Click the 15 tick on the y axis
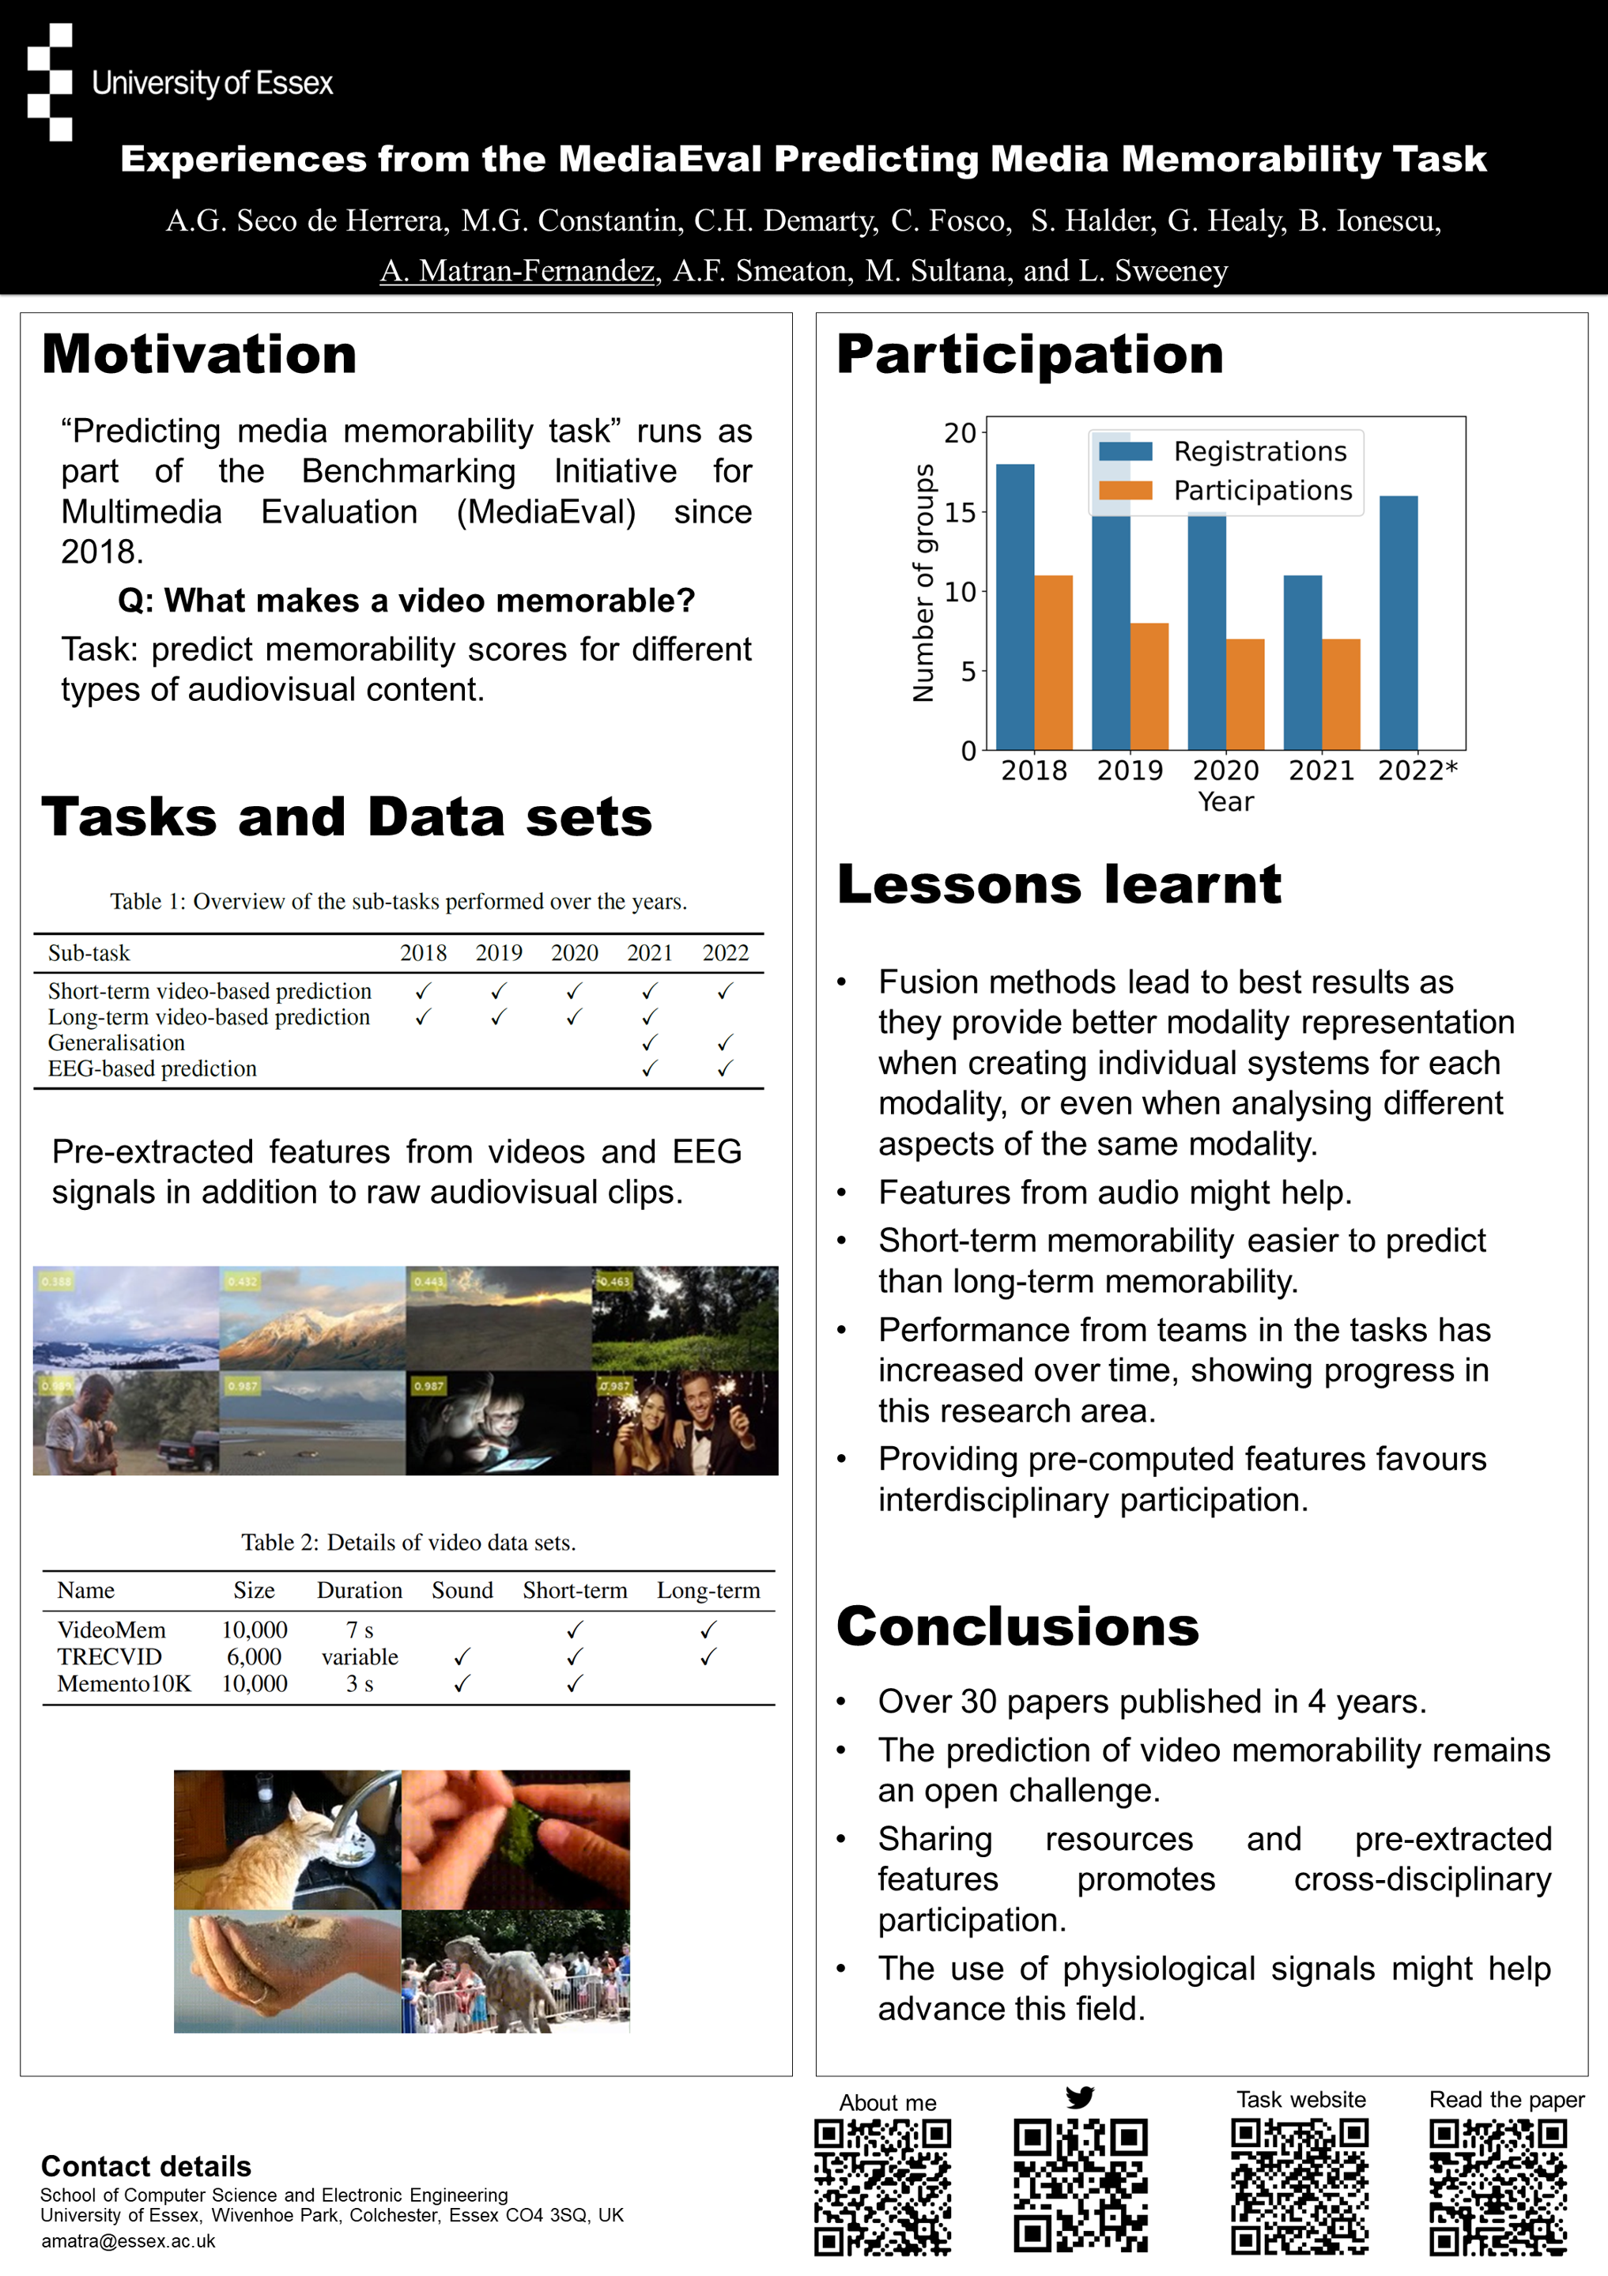[x=959, y=513]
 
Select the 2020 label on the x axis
[x=1225, y=771]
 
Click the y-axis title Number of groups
[x=923, y=583]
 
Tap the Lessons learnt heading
[x=1059, y=884]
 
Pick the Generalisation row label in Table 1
[x=116, y=1043]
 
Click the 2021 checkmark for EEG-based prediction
[x=649, y=1068]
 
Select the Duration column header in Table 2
[x=359, y=1590]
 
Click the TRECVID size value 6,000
[x=254, y=1656]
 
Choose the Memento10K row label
[x=124, y=1683]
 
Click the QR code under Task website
[x=1299, y=2187]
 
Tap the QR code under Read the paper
[x=1497, y=2187]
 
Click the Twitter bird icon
[x=1080, y=2097]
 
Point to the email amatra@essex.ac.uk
[x=128, y=2241]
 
